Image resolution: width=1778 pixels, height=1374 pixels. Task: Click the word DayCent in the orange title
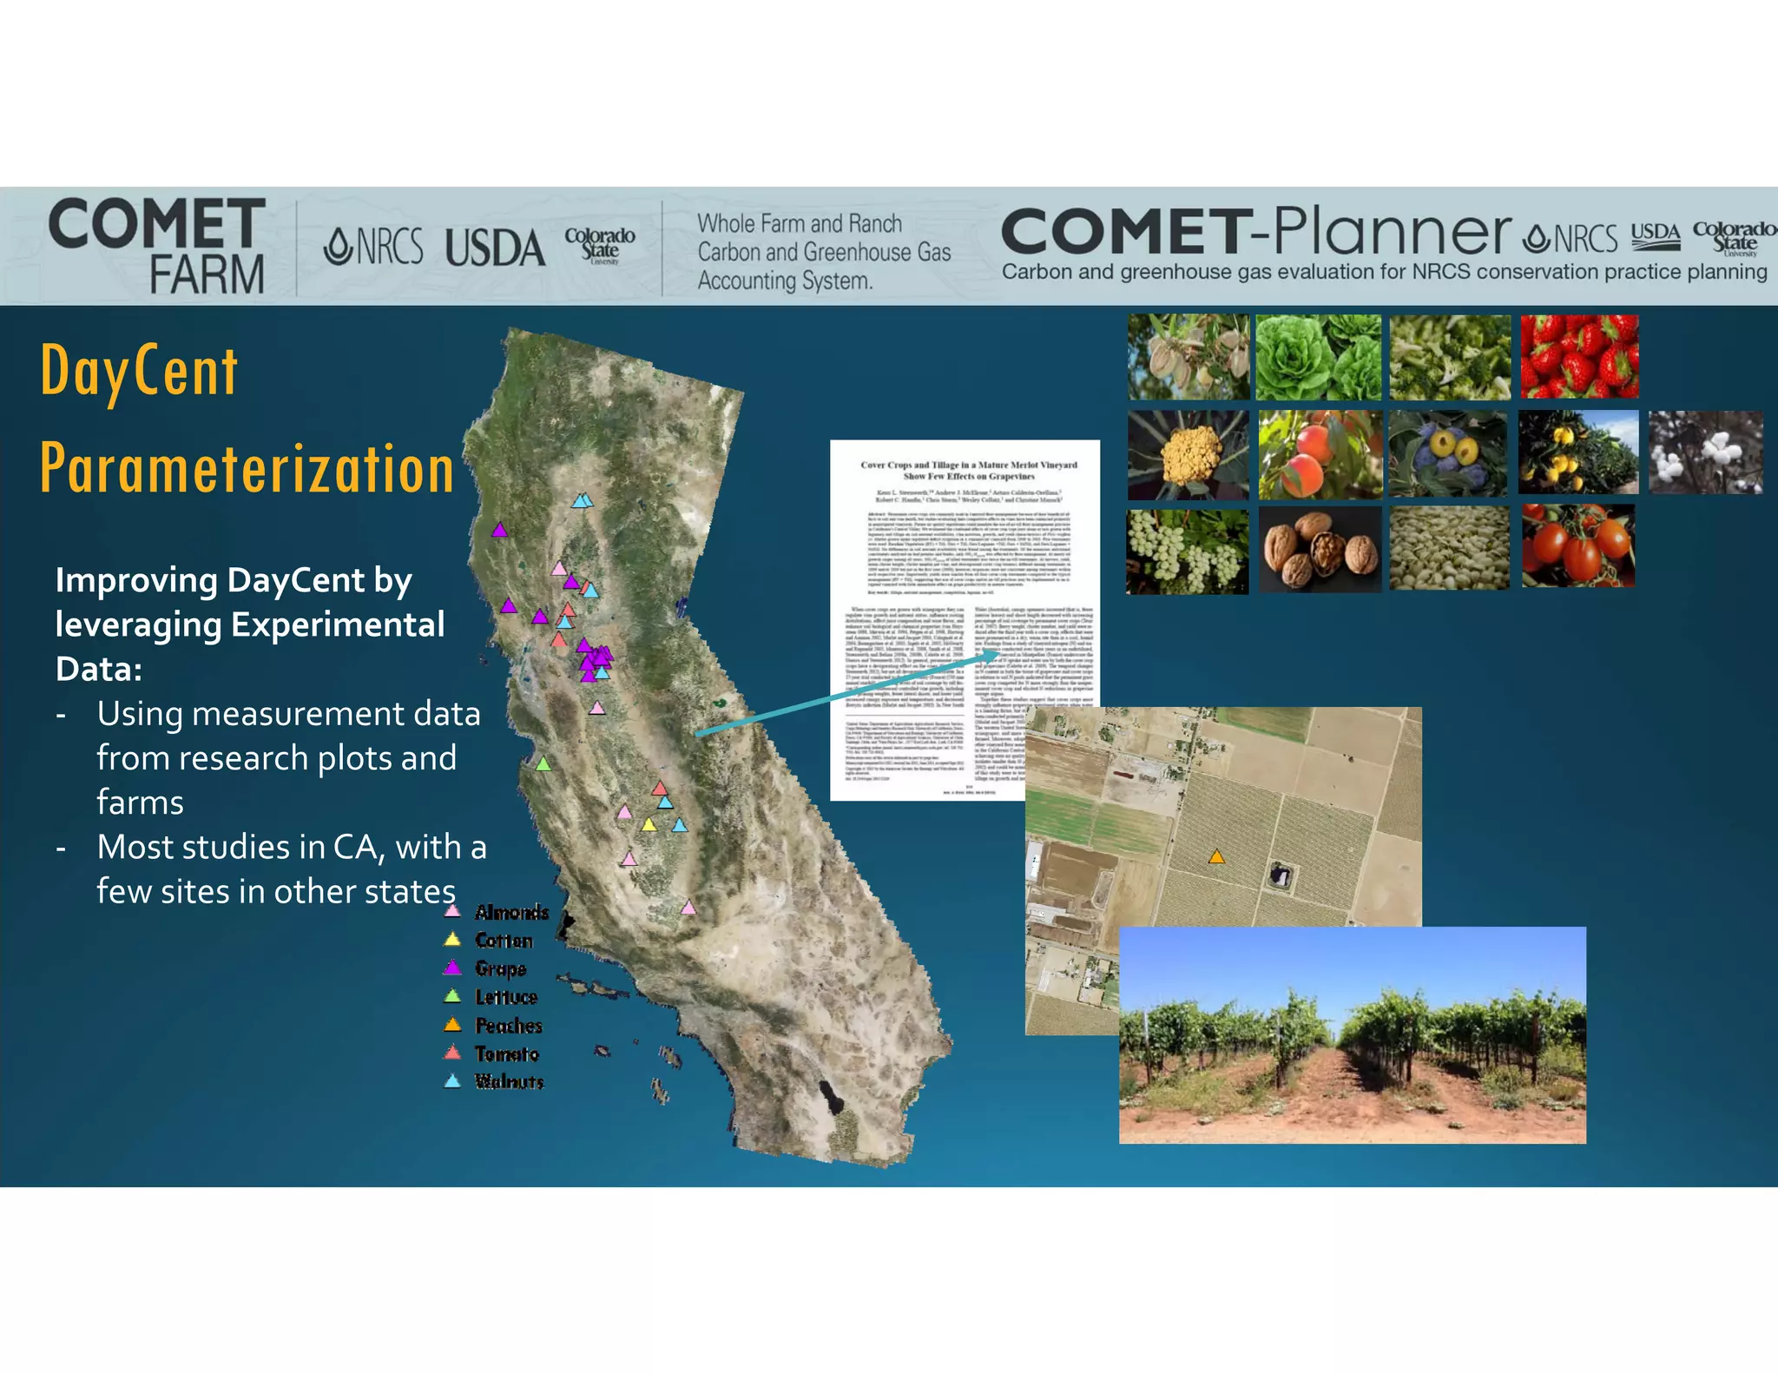(x=139, y=371)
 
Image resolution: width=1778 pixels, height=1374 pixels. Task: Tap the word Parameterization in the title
(x=247, y=469)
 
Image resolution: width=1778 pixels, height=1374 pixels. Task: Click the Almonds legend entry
(x=511, y=912)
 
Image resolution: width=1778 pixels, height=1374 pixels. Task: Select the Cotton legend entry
(x=504, y=941)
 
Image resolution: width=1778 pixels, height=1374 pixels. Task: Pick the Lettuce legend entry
(x=506, y=997)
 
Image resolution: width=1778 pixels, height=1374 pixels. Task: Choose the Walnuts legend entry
(x=509, y=1081)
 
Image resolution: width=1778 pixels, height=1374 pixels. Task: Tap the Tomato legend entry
(x=507, y=1054)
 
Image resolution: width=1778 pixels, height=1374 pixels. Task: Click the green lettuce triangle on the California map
(x=543, y=764)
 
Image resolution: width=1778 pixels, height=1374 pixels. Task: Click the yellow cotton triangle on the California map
(x=649, y=824)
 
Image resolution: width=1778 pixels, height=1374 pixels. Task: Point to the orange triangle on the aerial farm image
(x=1217, y=857)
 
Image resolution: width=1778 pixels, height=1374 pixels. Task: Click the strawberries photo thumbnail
(x=1579, y=357)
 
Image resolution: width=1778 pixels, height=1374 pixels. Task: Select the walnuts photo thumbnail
(x=1320, y=549)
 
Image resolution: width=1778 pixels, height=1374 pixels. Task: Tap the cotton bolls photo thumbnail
(x=1705, y=452)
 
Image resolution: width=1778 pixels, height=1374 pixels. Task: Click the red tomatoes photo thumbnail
(x=1578, y=546)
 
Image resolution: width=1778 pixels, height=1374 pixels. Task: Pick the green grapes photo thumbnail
(x=1187, y=552)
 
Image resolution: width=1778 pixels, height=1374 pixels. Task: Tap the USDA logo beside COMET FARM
(x=495, y=248)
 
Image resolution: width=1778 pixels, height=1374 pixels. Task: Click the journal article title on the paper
(x=969, y=470)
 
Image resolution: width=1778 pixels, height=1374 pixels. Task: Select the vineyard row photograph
(x=1352, y=1034)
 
